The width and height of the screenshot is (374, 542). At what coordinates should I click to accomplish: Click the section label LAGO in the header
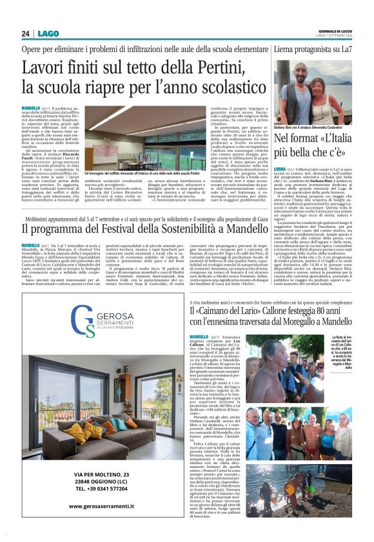(x=47, y=33)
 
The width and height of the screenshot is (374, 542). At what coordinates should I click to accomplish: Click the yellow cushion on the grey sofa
(x=84, y=430)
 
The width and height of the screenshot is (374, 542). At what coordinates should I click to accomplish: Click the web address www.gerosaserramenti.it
(x=102, y=505)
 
